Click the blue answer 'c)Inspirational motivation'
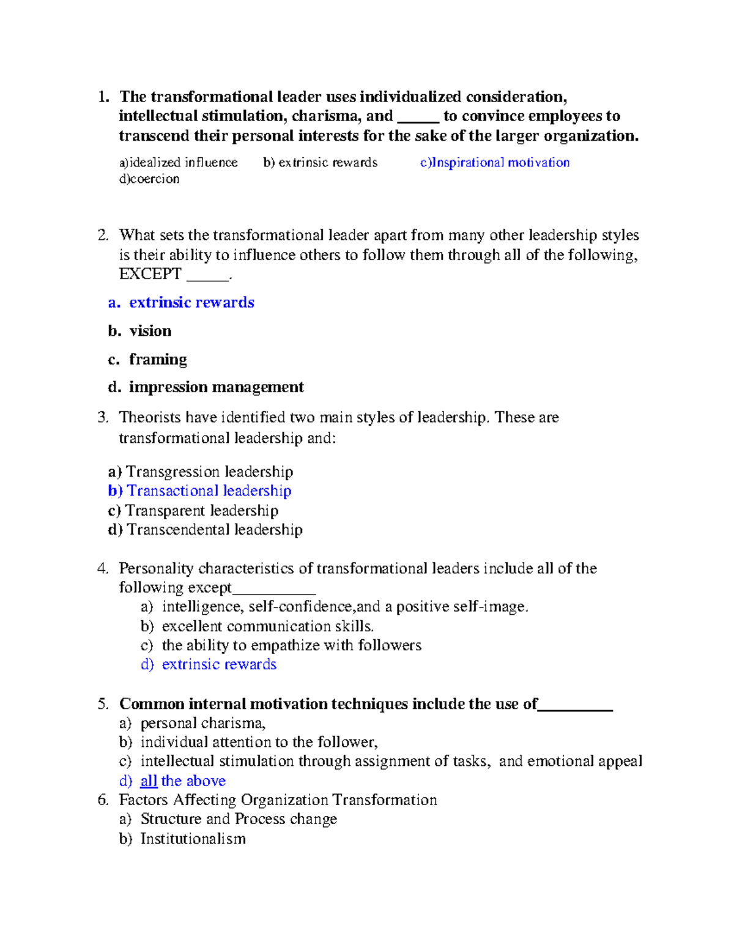pyautogui.click(x=495, y=163)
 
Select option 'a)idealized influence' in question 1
pyautogui.click(x=178, y=163)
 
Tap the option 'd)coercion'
pyautogui.click(x=149, y=179)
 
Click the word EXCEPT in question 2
pyautogui.click(x=150, y=274)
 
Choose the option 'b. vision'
pyautogui.click(x=140, y=331)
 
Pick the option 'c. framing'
pyautogui.click(x=147, y=359)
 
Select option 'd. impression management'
pyautogui.click(x=206, y=387)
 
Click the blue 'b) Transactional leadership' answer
pyautogui.click(x=199, y=491)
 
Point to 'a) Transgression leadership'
pyautogui.click(x=201, y=472)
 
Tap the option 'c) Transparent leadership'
pyautogui.click(x=193, y=511)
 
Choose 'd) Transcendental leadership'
pyautogui.click(x=205, y=530)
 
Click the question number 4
pyautogui.click(x=102, y=569)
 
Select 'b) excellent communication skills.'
pyautogui.click(x=258, y=626)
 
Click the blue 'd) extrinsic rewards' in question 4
pyautogui.click(x=209, y=665)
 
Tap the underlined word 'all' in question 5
pyautogui.click(x=149, y=781)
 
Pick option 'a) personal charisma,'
pyautogui.click(x=193, y=724)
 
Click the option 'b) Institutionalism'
pyautogui.click(x=182, y=839)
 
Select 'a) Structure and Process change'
pyautogui.click(x=228, y=819)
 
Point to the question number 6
pyautogui.click(x=102, y=800)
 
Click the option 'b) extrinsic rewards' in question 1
pyautogui.click(x=321, y=163)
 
